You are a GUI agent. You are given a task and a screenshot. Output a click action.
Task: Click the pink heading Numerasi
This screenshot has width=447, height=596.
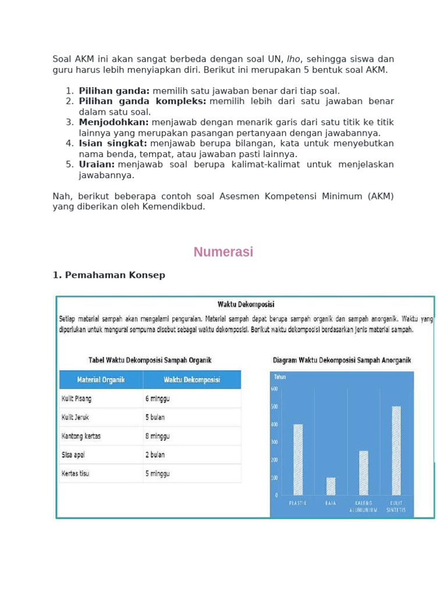click(223, 252)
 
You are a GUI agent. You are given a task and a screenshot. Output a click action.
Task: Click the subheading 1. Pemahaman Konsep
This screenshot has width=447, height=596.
click(109, 275)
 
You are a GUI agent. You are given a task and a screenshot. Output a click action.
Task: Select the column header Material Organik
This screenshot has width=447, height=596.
click(101, 380)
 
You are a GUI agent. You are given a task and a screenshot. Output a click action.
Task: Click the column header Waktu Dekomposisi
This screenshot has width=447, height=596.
click(191, 380)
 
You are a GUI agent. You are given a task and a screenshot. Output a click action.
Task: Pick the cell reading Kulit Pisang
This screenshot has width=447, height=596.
click(77, 399)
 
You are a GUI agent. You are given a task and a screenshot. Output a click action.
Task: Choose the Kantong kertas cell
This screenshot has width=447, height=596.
click(80, 436)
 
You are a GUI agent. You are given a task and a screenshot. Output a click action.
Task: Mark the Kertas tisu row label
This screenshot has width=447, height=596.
click(76, 473)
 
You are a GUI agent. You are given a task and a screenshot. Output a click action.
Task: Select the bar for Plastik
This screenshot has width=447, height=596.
click(298, 460)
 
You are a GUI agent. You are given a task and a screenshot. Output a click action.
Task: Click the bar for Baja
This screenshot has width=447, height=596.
click(331, 486)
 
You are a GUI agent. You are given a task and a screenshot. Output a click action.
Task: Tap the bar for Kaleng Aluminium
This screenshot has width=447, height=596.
click(363, 473)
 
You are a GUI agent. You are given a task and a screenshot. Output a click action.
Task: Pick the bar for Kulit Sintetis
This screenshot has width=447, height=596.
click(396, 450)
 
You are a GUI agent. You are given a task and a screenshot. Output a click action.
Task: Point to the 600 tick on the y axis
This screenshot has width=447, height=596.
click(274, 389)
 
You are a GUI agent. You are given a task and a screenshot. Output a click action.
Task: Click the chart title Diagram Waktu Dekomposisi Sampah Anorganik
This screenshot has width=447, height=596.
click(341, 360)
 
